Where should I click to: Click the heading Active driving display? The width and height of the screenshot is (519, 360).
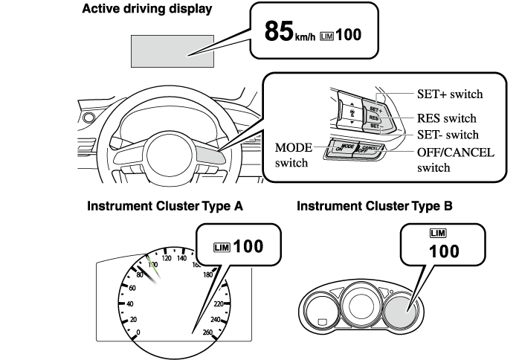tap(146, 10)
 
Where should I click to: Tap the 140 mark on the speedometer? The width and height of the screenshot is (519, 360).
tap(181, 260)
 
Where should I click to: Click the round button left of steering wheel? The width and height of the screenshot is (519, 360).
tap(90, 118)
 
